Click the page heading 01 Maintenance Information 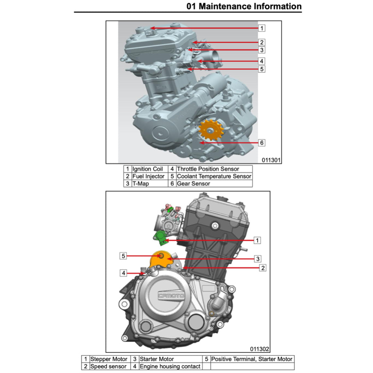tap(244, 6)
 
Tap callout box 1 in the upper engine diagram tap(262, 28)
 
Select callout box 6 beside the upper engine tap(262, 143)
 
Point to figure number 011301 tap(271, 160)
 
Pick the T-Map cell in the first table tap(150, 184)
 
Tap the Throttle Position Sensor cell tap(214, 169)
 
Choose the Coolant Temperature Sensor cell tap(214, 176)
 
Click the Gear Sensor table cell tap(214, 184)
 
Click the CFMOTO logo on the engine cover tap(171, 295)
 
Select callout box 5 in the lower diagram tap(123, 256)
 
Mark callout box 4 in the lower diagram tap(123, 273)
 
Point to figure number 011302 tap(259, 349)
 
